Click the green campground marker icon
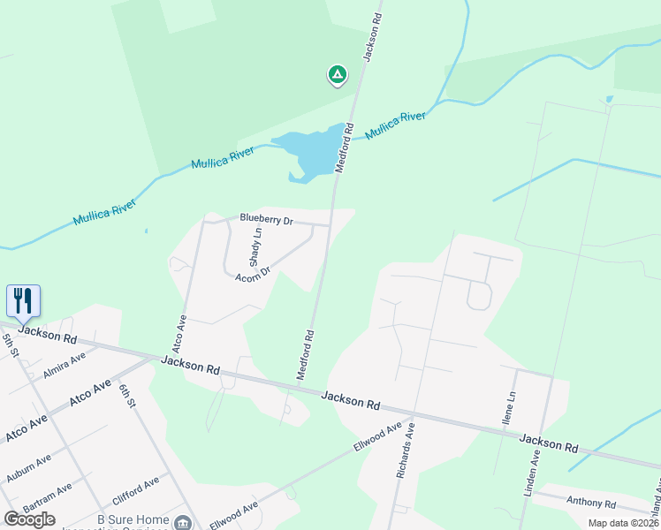pos(337,75)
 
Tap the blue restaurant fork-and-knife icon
pos(22,300)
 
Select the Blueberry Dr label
pos(266,219)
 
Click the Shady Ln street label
pos(255,248)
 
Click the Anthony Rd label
pos(591,501)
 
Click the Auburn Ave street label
pos(28,468)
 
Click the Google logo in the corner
pos(29,519)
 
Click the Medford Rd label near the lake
pos(344,148)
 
